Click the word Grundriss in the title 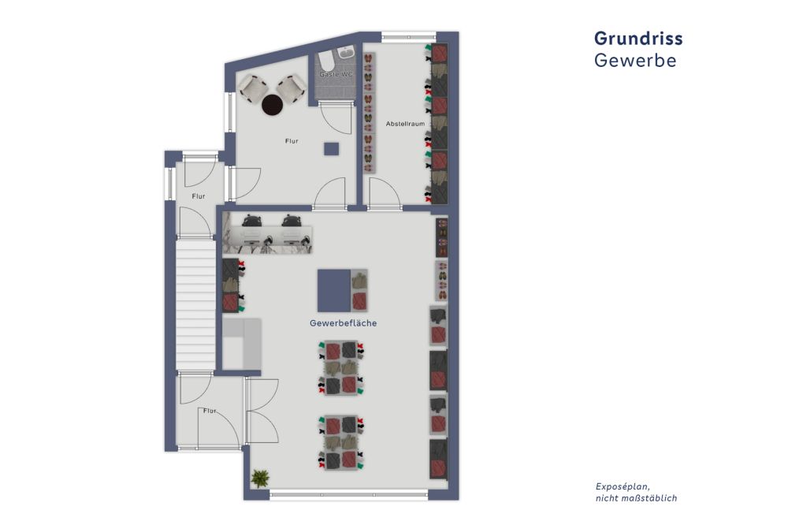pyautogui.click(x=637, y=39)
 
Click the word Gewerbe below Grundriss pyautogui.click(x=634, y=61)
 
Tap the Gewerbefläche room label pyautogui.click(x=343, y=323)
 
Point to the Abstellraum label pyautogui.click(x=405, y=125)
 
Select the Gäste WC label pyautogui.click(x=336, y=75)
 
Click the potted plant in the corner pyautogui.click(x=258, y=478)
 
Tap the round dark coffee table pyautogui.click(x=272, y=102)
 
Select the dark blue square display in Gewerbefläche pyautogui.click(x=333, y=289)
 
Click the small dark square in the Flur pyautogui.click(x=331, y=148)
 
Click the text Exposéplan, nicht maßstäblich pyautogui.click(x=635, y=492)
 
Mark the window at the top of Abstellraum pyautogui.click(x=408, y=35)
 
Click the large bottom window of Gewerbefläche pyautogui.click(x=348, y=495)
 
